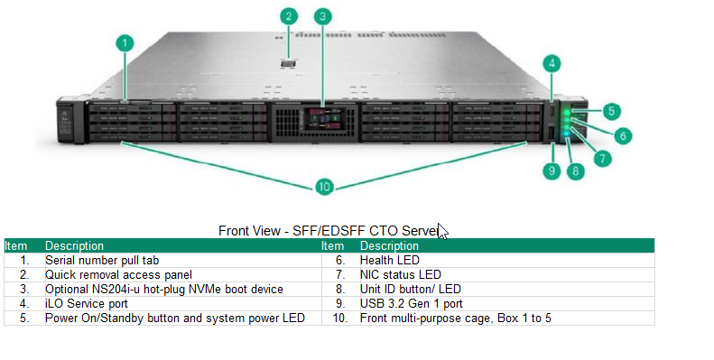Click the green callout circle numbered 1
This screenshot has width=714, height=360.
[x=125, y=42]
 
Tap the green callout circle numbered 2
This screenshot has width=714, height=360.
[x=289, y=15]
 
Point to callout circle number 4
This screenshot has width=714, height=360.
[x=552, y=63]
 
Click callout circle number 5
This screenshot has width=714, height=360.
[x=612, y=111]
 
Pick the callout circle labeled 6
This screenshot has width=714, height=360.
[x=622, y=135]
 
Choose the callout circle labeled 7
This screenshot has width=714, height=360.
[x=602, y=157]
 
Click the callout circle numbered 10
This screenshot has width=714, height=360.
[x=324, y=187]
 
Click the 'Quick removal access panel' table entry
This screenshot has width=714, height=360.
[x=118, y=274]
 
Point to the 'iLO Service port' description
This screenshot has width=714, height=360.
[x=88, y=303]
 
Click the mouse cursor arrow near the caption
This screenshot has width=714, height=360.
[x=443, y=230]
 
